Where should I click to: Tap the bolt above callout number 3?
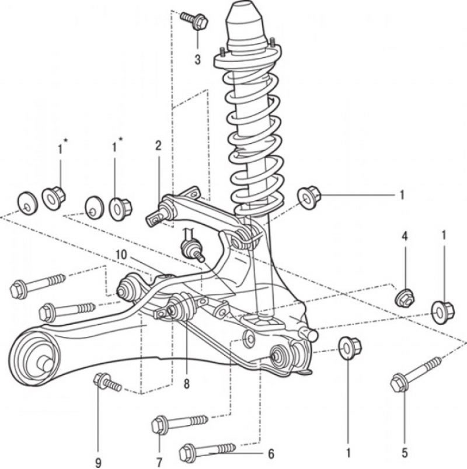194,21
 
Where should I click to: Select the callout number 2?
158,146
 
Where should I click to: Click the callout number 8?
186,384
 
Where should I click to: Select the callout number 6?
270,453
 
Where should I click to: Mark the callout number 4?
405,236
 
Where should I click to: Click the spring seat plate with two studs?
246,60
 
